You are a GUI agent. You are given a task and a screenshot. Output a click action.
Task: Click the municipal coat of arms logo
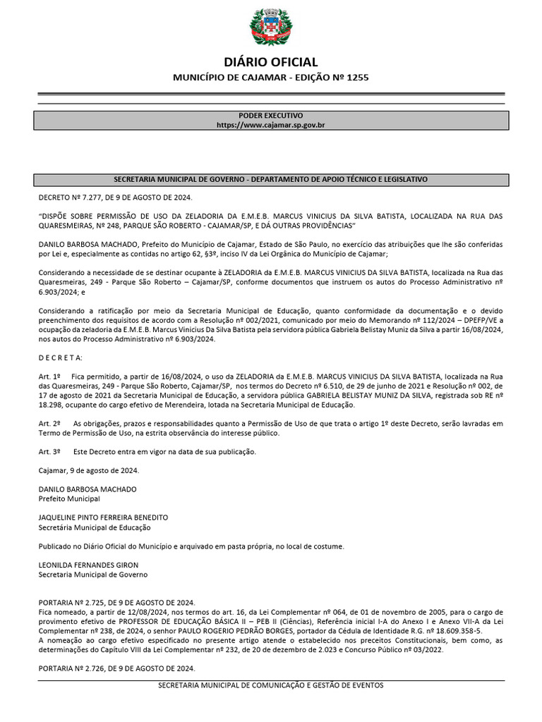point(271,27)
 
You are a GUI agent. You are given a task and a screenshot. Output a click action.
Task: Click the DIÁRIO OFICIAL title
point(271,62)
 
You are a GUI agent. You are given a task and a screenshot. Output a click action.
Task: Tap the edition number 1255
point(356,77)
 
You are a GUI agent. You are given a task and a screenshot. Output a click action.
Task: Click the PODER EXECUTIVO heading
point(271,115)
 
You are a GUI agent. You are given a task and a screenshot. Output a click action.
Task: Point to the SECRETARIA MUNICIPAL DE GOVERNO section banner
point(271,180)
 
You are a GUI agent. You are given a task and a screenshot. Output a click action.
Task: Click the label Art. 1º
point(49,377)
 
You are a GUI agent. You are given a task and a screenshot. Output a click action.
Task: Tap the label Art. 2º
point(49,423)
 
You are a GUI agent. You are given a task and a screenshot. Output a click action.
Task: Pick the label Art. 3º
point(49,451)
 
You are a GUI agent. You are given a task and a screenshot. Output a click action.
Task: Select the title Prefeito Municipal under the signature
point(69,498)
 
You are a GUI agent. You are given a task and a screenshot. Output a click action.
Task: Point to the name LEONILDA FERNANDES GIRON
point(88,565)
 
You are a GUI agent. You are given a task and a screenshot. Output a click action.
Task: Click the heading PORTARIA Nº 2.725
point(116,603)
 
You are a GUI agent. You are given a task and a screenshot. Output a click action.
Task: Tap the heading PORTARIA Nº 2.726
point(116,668)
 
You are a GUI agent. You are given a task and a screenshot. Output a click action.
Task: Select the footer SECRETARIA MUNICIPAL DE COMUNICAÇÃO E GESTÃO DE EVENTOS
point(271,685)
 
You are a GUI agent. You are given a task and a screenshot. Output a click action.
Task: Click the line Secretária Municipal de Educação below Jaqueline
point(95,527)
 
